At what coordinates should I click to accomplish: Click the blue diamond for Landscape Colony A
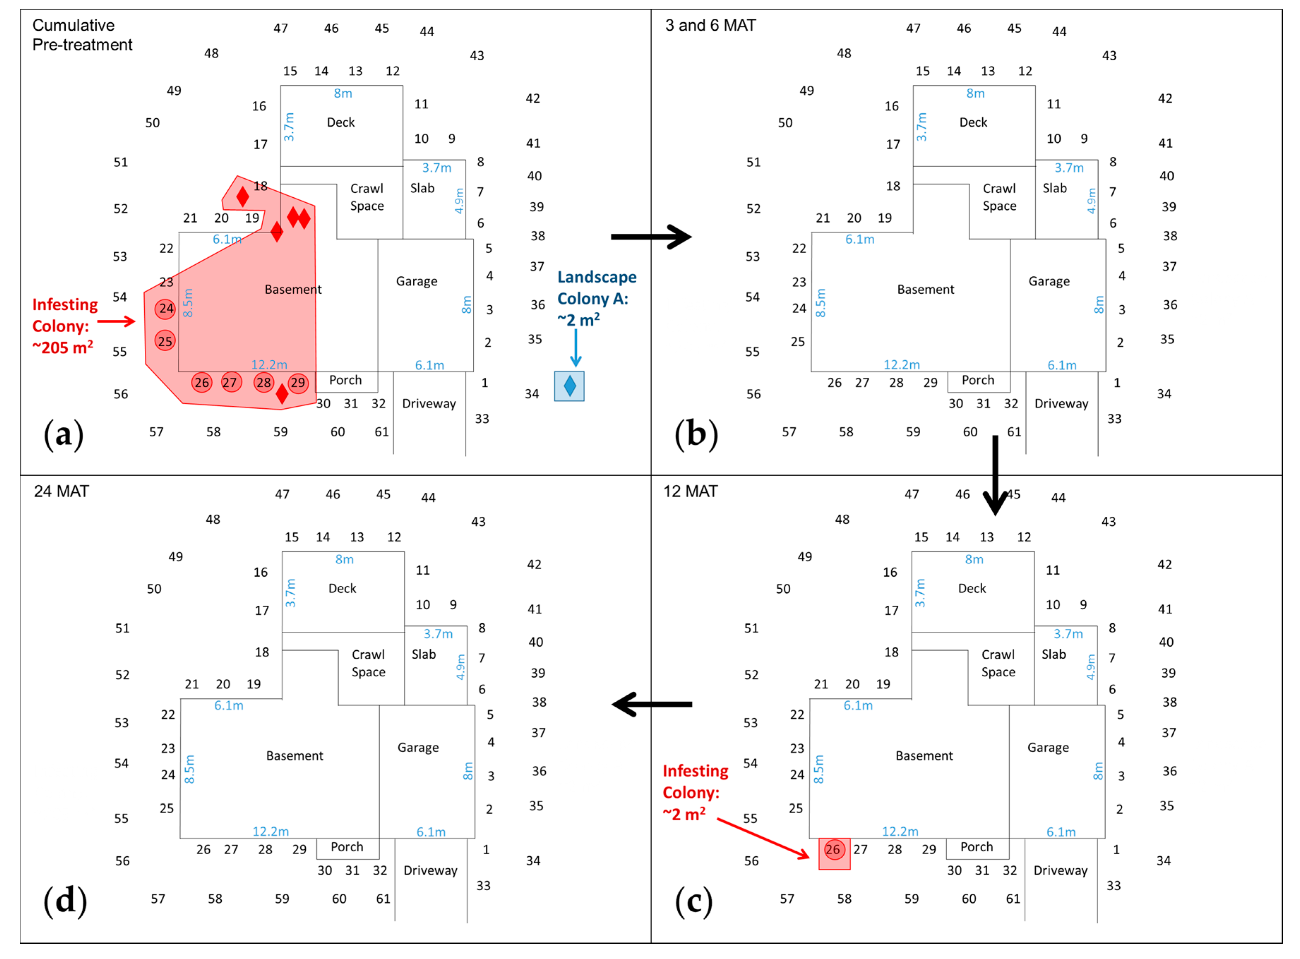[570, 386]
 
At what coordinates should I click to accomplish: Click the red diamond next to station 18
[242, 197]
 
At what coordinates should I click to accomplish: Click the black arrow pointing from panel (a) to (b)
[651, 237]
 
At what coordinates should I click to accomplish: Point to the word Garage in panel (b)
[1049, 282]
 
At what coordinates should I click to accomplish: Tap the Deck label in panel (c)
[972, 589]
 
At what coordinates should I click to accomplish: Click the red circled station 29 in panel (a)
[298, 383]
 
